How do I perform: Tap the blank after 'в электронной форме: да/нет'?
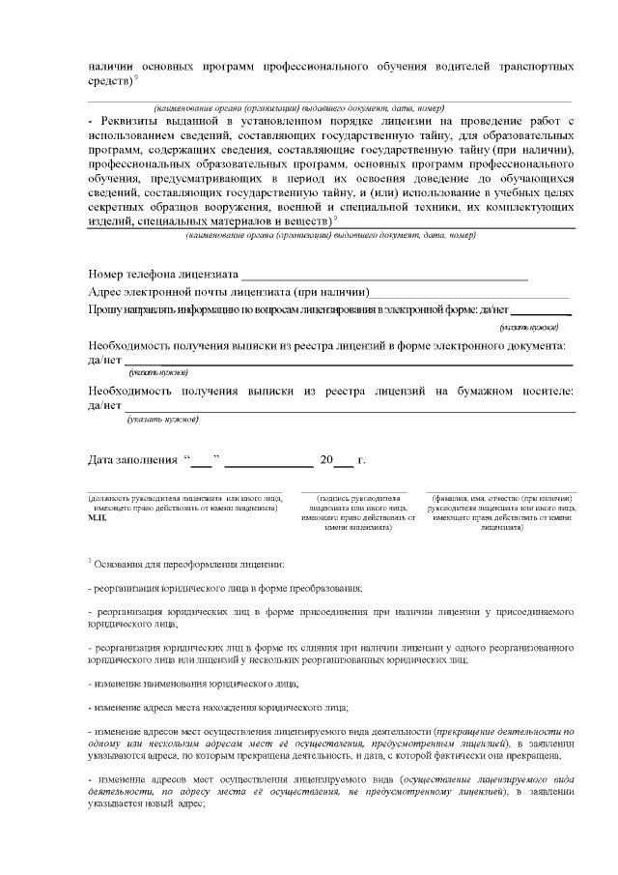click(x=541, y=311)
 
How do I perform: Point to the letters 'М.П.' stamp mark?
click(x=97, y=518)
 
